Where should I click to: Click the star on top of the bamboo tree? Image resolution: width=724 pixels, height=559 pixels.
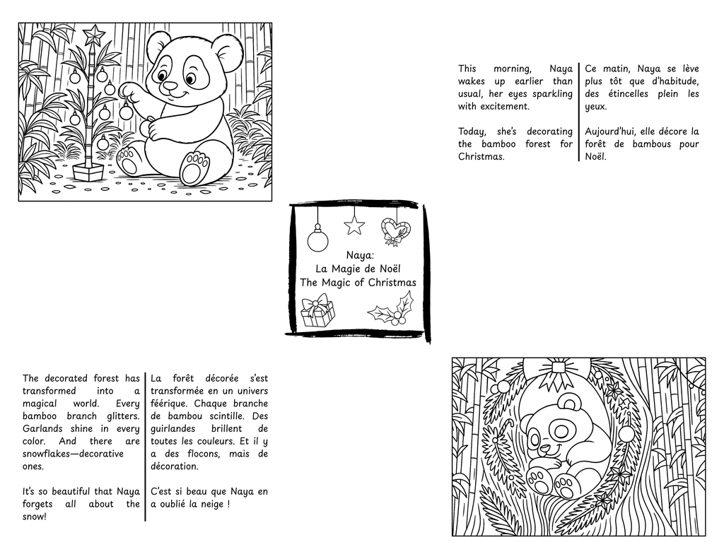point(93,33)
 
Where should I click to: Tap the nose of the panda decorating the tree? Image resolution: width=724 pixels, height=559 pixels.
point(170,86)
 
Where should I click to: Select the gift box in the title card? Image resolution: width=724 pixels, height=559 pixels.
point(317,311)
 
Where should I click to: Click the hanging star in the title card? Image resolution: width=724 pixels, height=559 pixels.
point(354,225)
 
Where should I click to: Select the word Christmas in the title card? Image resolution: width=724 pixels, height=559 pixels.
point(392,282)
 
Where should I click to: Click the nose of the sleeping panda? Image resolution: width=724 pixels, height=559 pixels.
point(544,447)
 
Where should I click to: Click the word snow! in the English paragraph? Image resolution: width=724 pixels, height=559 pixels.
point(35,517)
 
